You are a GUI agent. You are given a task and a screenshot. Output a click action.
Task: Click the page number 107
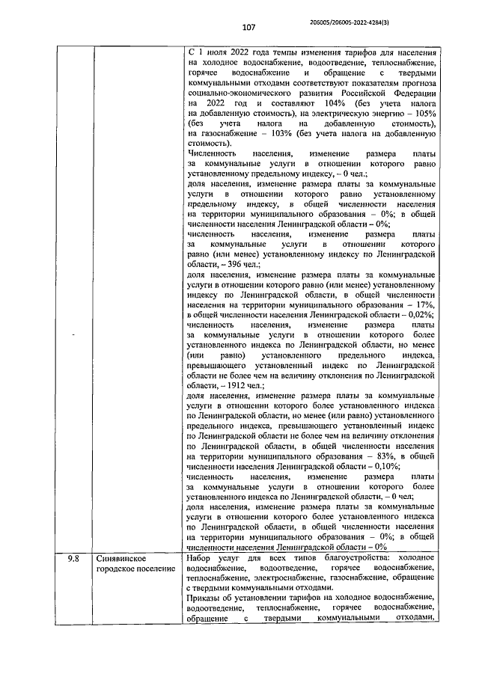click(248, 28)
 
